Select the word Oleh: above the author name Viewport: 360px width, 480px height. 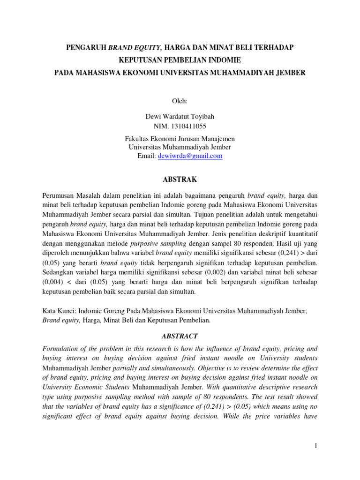coord(180,100)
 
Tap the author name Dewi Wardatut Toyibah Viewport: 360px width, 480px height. coord(180,117)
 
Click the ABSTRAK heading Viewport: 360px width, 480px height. coord(180,180)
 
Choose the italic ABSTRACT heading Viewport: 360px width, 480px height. coord(180,336)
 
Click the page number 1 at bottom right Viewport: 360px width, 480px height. coord(316,446)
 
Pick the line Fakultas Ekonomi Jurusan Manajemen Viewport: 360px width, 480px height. coord(180,139)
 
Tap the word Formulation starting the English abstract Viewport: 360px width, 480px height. coord(61,349)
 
